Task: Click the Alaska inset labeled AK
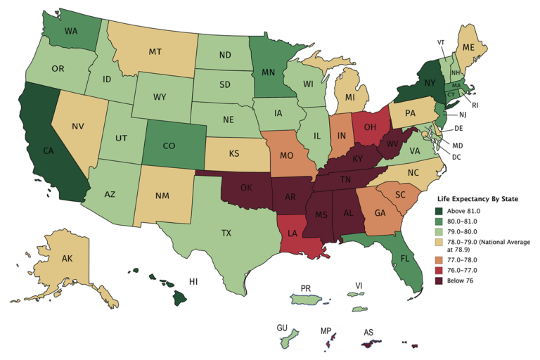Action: (x=67, y=259)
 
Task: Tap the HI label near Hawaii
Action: (x=193, y=281)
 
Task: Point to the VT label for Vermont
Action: (x=441, y=41)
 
